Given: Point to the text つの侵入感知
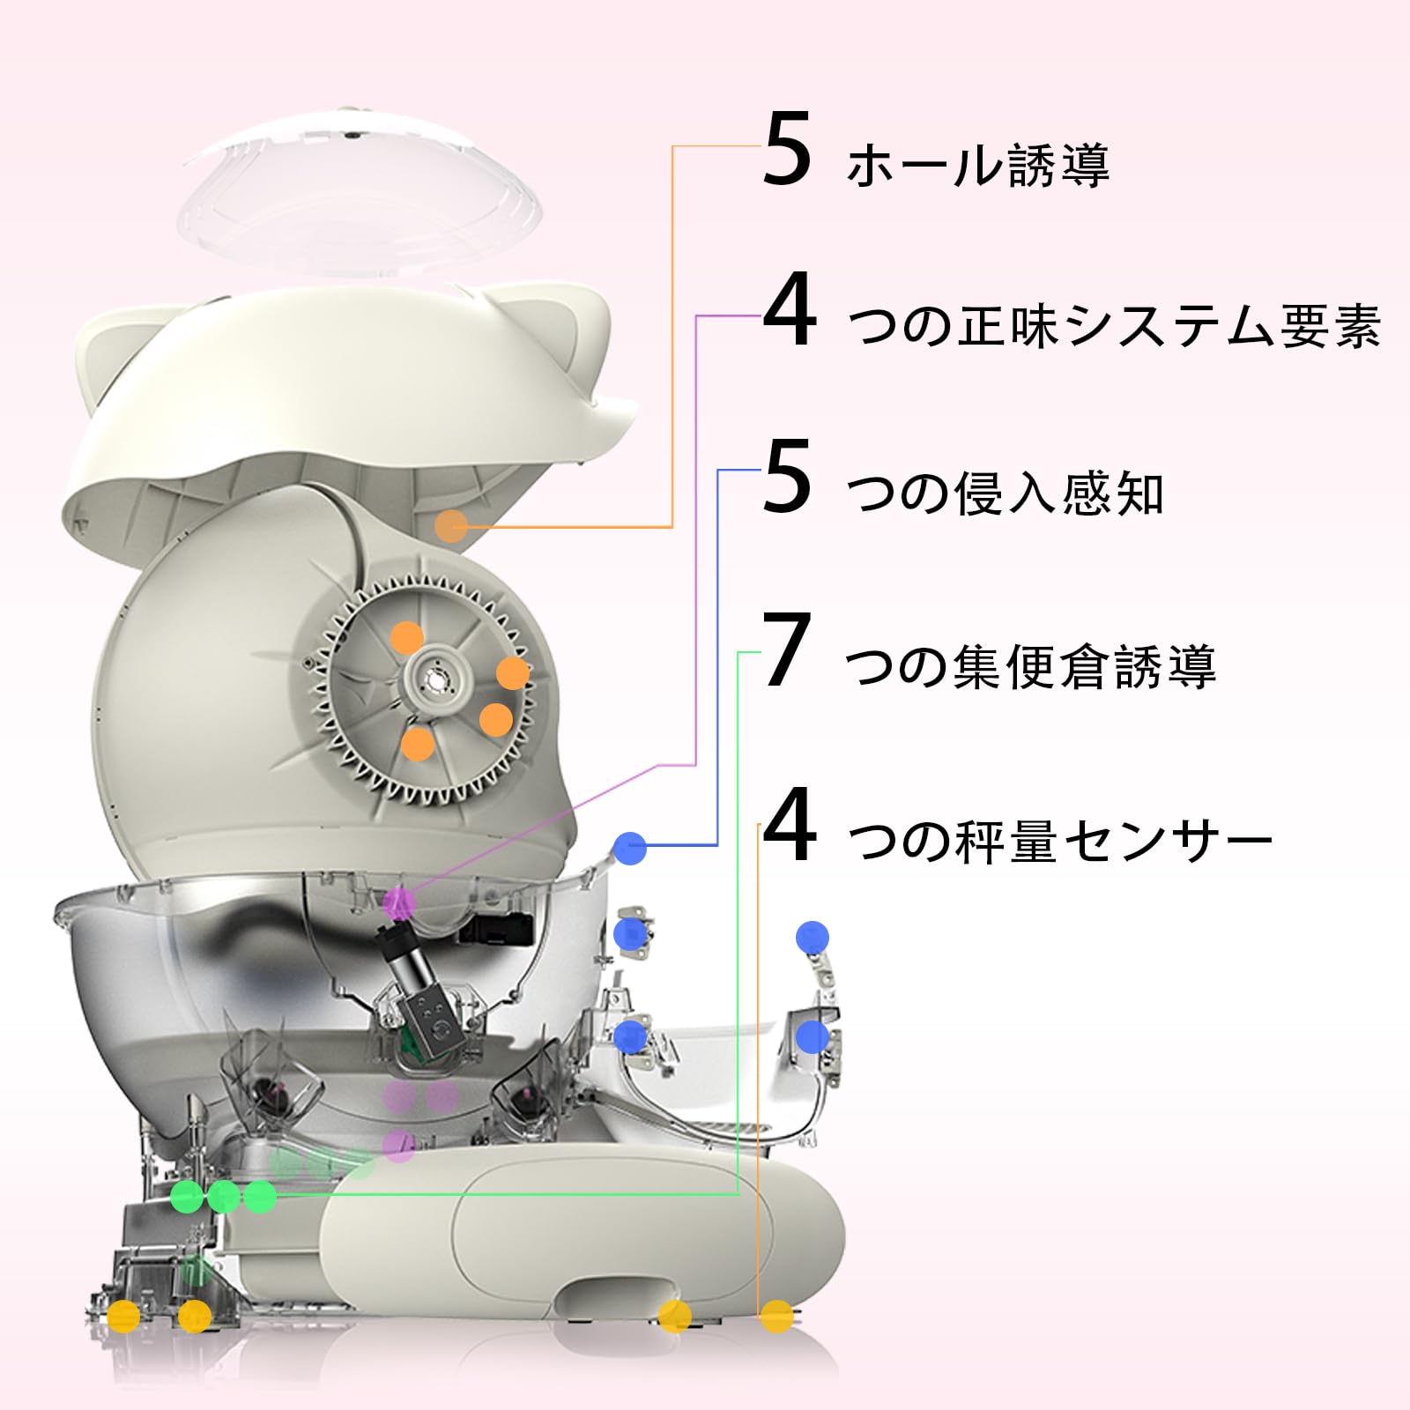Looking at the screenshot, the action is coord(1006,493).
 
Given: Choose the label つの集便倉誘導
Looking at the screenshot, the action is coord(1031,666).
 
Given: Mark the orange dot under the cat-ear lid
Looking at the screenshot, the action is coord(451,526).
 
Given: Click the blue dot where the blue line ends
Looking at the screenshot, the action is coord(631,848).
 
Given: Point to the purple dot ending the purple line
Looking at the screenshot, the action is coord(400,902).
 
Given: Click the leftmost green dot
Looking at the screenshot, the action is coord(187,1197).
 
